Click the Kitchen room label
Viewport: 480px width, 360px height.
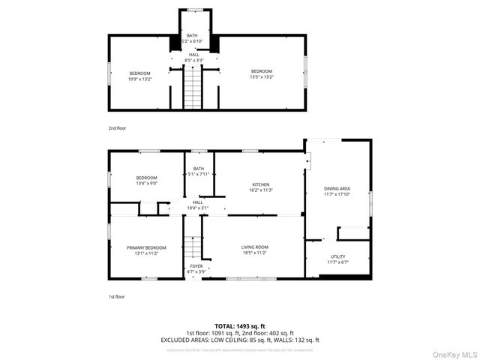point(261,184)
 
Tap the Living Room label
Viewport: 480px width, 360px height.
point(254,247)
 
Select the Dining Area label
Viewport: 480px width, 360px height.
point(337,188)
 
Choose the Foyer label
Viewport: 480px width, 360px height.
point(196,265)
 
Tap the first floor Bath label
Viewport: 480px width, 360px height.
point(198,169)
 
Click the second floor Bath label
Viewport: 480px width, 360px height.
point(192,35)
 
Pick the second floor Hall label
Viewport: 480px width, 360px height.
point(193,55)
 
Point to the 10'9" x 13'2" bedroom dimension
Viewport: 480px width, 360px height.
point(139,78)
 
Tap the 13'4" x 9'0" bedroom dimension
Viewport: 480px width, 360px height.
point(146,183)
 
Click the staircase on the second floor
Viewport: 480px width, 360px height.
point(193,87)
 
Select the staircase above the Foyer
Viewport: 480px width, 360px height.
point(193,246)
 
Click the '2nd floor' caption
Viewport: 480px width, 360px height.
point(117,128)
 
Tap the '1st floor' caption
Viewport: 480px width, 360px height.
point(116,297)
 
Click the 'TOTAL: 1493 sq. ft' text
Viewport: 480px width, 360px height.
point(239,326)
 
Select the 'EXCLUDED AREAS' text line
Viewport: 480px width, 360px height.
point(239,340)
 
